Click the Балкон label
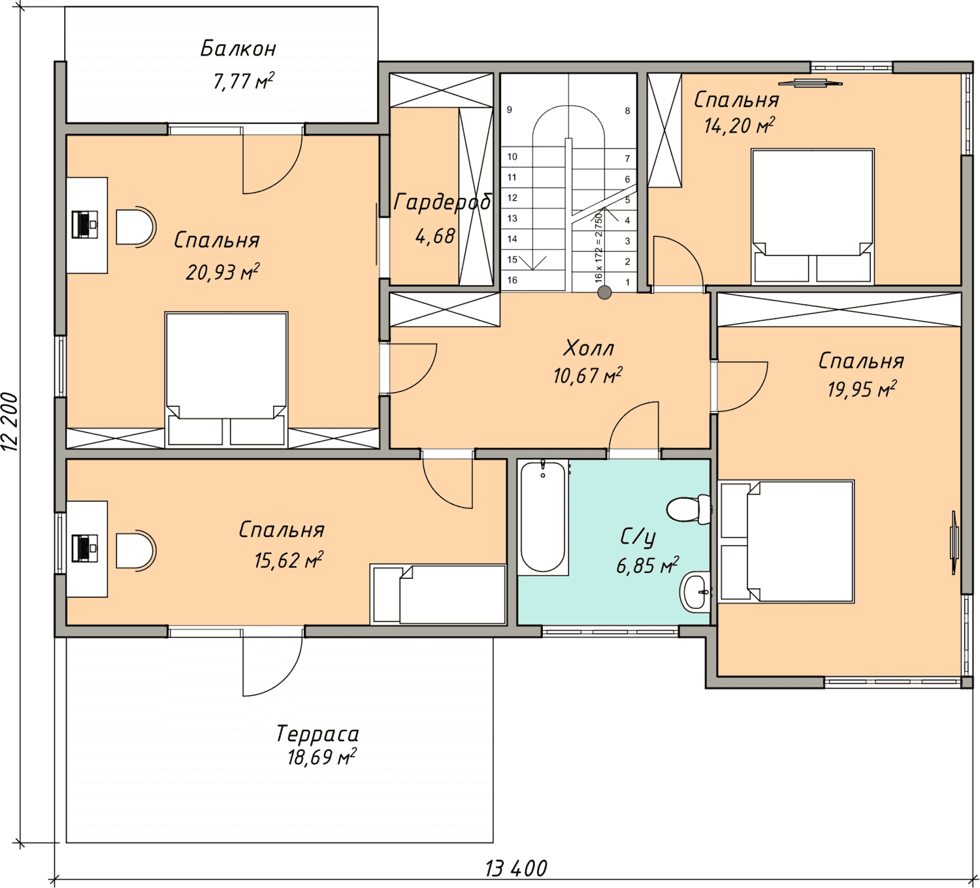click(x=238, y=49)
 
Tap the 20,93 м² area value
click(x=222, y=272)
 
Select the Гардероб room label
click(x=442, y=202)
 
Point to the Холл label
click(x=588, y=348)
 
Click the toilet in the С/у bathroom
click(x=689, y=509)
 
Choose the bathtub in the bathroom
click(x=543, y=518)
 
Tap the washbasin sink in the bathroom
click(x=694, y=592)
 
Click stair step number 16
click(x=512, y=280)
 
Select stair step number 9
click(x=510, y=110)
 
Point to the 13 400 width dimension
click(x=516, y=868)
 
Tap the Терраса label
click(x=318, y=734)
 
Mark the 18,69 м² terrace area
click(x=321, y=757)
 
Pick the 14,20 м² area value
click(x=739, y=125)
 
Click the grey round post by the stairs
click(x=605, y=292)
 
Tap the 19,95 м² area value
click(x=862, y=389)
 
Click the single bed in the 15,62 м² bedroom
click(x=438, y=594)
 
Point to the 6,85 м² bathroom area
click(x=647, y=565)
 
